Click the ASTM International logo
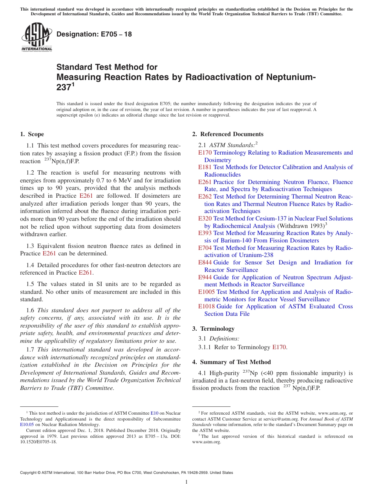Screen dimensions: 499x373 (x=37, y=37)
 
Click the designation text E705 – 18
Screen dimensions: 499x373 (x=94, y=35)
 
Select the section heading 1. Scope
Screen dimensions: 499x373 (x=32, y=134)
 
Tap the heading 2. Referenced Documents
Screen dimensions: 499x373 (x=228, y=134)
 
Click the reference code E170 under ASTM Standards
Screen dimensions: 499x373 (x=205, y=153)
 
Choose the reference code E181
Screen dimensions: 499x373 (x=205, y=167)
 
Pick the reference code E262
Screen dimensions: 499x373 (x=205, y=197)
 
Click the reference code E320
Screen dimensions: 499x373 (x=205, y=219)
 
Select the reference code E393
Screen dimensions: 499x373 (x=205, y=233)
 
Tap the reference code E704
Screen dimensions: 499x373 (x=205, y=248)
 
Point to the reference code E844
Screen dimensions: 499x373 (x=205, y=262)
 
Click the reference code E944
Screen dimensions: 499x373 (x=205, y=277)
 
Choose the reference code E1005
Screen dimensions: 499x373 (x=207, y=292)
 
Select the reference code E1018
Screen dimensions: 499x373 (x=207, y=306)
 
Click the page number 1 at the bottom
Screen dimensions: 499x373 (x=186, y=482)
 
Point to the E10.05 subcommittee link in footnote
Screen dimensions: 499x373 (x=27, y=424)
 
